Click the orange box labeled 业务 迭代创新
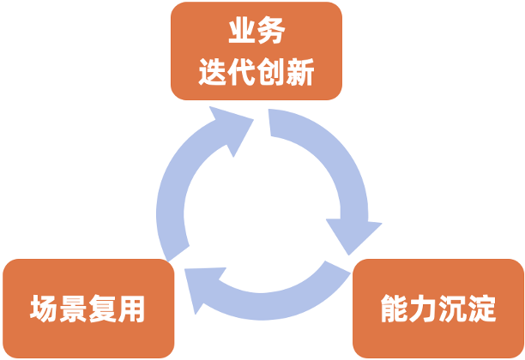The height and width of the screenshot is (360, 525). click(256, 51)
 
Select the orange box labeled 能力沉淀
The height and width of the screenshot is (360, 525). click(437, 309)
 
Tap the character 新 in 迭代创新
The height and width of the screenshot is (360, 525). click(300, 73)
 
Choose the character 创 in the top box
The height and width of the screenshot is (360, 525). click(271, 73)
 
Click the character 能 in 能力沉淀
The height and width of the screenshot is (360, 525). click(395, 309)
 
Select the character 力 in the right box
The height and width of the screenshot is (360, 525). click(424, 309)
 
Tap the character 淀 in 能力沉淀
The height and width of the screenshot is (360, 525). click(482, 309)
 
